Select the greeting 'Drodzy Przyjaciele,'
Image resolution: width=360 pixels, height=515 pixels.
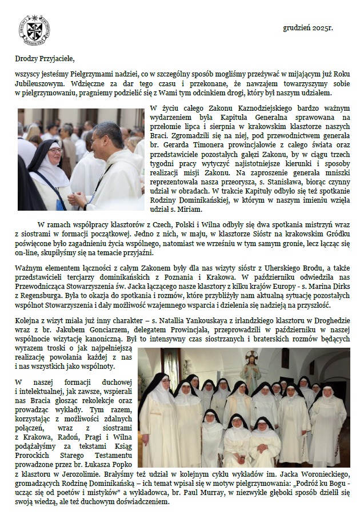point(45,58)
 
